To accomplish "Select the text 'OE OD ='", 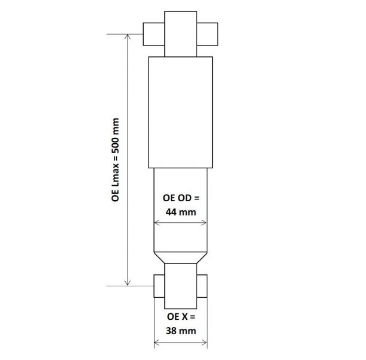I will (x=180, y=198).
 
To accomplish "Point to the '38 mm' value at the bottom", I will (x=180, y=330).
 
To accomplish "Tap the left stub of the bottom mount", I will (x=159, y=286).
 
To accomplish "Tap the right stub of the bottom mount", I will (x=202, y=286).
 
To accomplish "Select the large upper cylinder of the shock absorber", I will (x=180, y=111).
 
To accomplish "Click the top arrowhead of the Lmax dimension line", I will (x=127, y=37).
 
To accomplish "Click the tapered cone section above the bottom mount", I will (x=180, y=256).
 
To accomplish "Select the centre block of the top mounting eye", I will (x=180, y=32).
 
